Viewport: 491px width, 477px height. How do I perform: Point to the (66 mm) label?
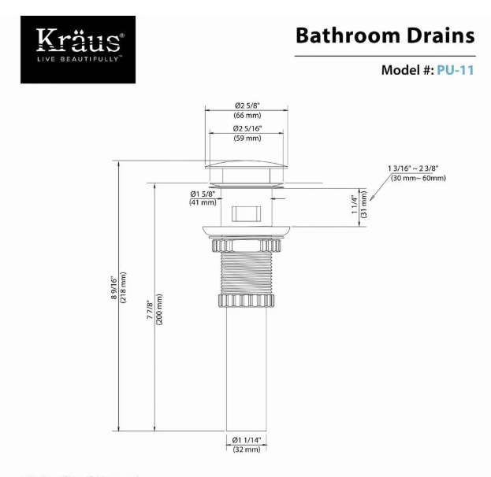pyautogui.click(x=247, y=116)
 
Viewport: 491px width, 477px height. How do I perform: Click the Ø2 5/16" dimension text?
pyautogui.click(x=247, y=128)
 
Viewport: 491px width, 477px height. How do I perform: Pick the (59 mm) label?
pyautogui.click(x=247, y=139)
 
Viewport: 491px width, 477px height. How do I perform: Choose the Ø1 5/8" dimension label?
pyautogui.click(x=203, y=194)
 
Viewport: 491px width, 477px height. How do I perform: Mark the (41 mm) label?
pyautogui.click(x=203, y=203)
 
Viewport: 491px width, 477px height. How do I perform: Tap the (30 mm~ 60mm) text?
pyautogui.click(x=418, y=178)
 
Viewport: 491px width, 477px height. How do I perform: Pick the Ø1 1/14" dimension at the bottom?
pyautogui.click(x=247, y=439)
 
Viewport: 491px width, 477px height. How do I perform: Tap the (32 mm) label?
pyautogui.click(x=247, y=449)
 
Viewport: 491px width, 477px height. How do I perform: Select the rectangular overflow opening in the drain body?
pyautogui.click(x=247, y=213)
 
